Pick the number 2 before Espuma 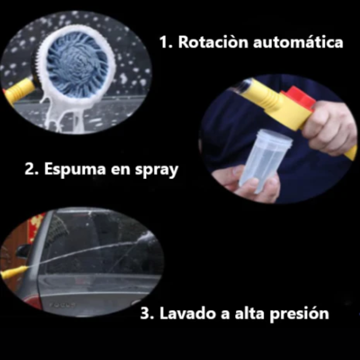click(x=29, y=170)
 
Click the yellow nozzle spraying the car click(x=13, y=272)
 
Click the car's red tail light click(x=34, y=301)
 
